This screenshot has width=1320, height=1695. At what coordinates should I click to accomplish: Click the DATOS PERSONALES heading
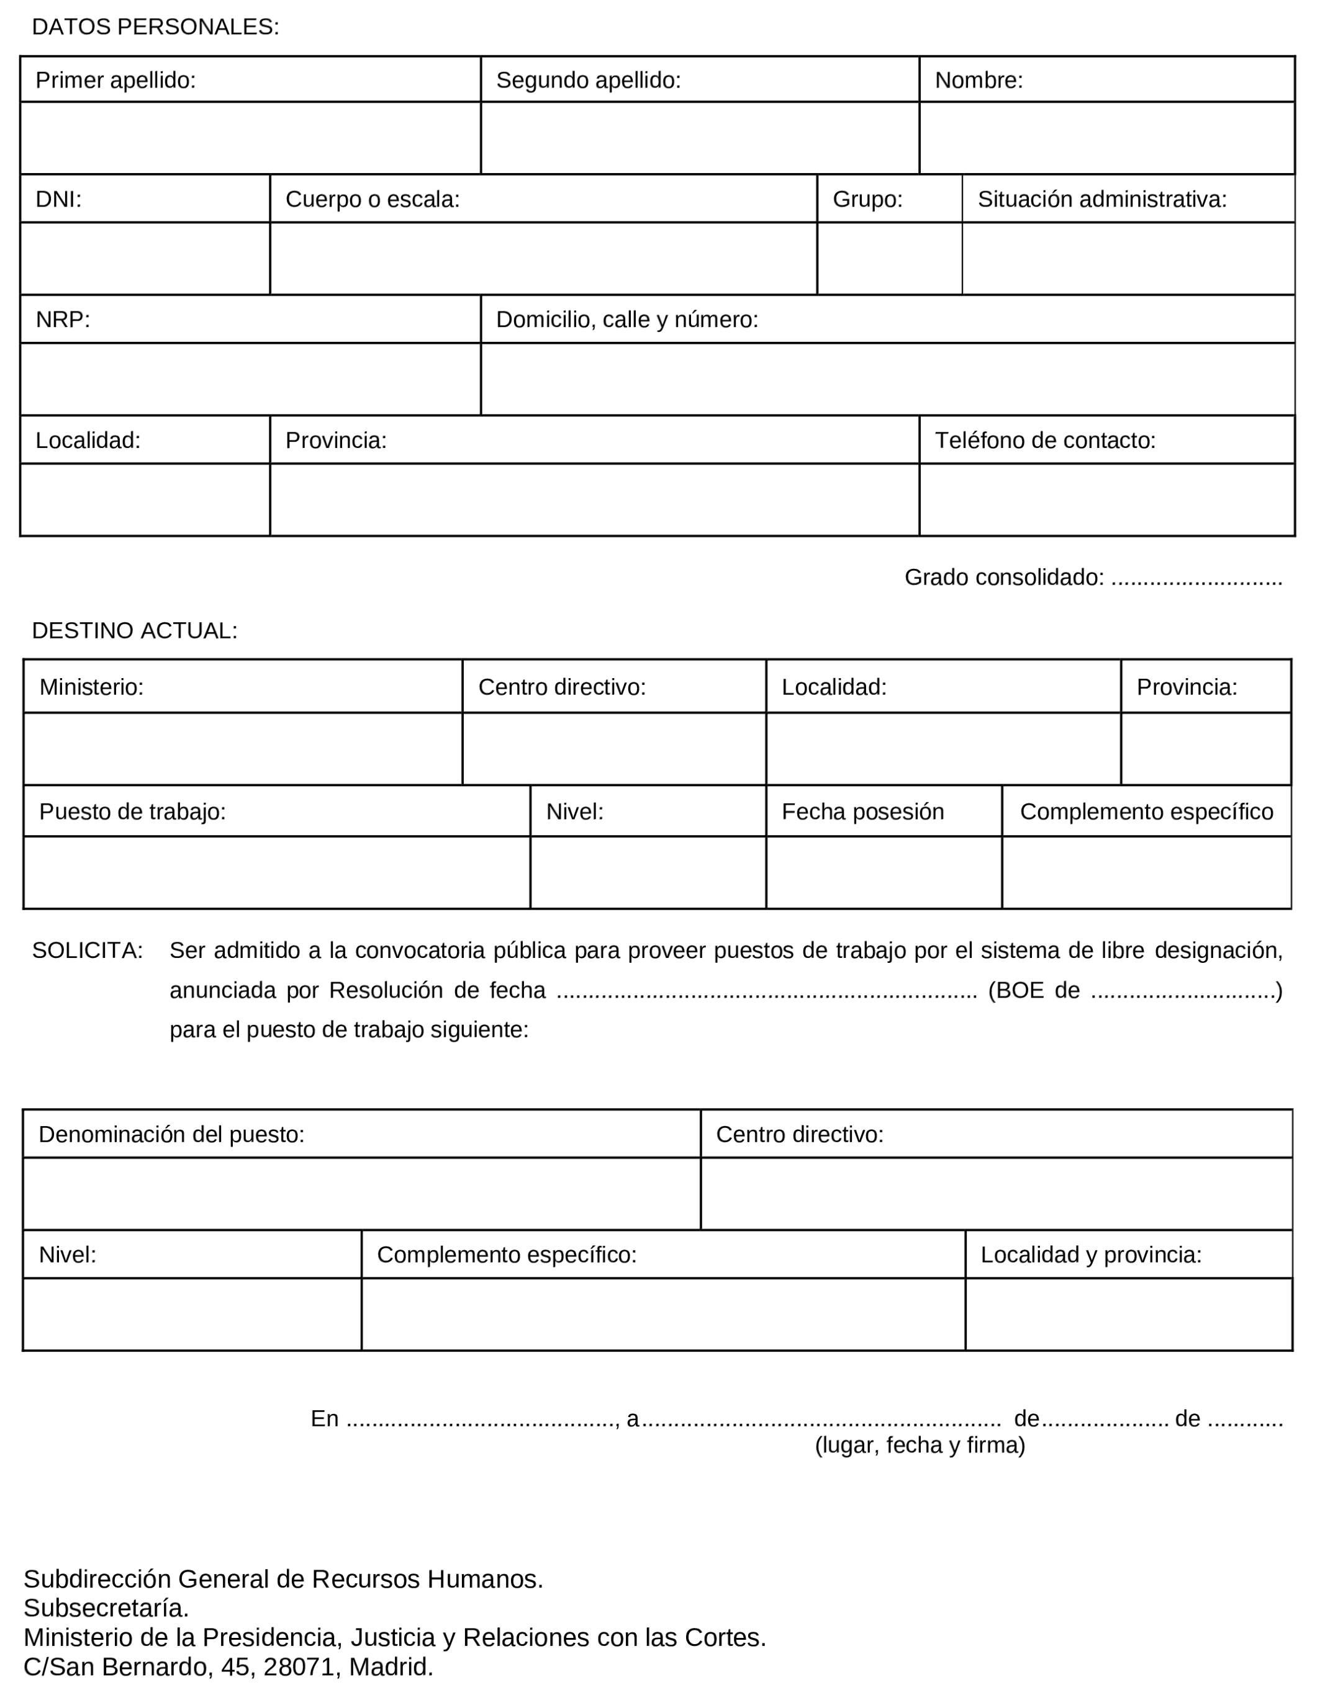coord(155,27)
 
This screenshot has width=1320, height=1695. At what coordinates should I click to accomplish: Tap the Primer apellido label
coord(115,80)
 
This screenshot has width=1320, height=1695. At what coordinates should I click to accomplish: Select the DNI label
coord(58,199)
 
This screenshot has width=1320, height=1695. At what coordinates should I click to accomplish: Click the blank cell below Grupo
coord(889,259)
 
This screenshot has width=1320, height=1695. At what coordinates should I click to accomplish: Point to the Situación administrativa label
coord(1102,199)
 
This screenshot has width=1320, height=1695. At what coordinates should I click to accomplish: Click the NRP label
coord(63,320)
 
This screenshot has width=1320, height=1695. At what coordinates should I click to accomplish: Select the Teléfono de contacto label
coord(1045,441)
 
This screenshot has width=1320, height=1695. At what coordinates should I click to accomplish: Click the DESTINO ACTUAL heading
coord(134,631)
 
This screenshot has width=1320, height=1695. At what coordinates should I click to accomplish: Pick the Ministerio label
coord(92,687)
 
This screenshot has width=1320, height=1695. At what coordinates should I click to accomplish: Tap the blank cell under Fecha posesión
coord(884,872)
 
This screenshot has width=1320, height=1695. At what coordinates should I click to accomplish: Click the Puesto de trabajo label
coord(132,812)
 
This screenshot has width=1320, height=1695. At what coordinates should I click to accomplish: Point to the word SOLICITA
coord(87,950)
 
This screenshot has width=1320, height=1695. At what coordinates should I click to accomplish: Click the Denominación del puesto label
coord(171,1135)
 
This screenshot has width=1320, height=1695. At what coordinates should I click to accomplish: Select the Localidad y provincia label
coord(1091,1255)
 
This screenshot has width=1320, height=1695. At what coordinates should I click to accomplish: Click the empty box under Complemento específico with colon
coord(663,1315)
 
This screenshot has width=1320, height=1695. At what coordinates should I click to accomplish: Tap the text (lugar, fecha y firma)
coord(920,1445)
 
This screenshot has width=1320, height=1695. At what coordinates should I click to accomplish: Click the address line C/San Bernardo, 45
coord(228,1667)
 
